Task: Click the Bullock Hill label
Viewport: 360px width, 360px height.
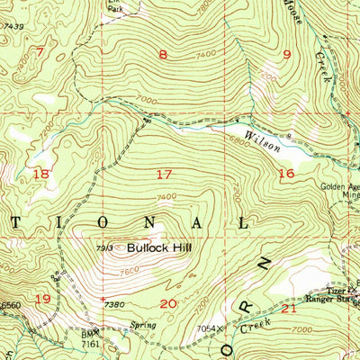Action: coord(158,244)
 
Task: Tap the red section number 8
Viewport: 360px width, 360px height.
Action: coord(162,56)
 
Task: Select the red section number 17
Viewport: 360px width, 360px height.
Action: coord(163,173)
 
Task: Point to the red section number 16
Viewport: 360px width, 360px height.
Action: coord(286,173)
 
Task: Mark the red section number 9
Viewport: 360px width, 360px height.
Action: coord(287,55)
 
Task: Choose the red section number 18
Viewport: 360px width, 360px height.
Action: coord(40,173)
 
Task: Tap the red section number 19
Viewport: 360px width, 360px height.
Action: coord(41,298)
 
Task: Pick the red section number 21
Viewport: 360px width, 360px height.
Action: coord(289,308)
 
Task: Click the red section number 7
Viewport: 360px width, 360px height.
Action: coord(40,50)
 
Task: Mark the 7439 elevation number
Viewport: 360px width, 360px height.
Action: coord(12,27)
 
